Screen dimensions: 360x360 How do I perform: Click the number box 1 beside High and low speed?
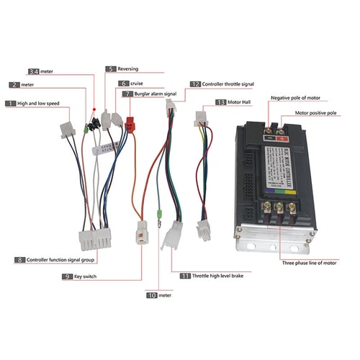[10, 104]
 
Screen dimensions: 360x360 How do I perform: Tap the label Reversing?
[128, 69]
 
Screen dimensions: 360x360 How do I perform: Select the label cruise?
[138, 83]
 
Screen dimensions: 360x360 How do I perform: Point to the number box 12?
[194, 84]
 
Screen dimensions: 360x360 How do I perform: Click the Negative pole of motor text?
[294, 97]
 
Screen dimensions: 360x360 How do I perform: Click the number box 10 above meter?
[151, 294]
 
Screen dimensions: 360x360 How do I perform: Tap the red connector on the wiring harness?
[130, 125]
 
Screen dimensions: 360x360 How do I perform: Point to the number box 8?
[19, 259]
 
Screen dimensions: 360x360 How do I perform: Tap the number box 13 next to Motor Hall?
[220, 102]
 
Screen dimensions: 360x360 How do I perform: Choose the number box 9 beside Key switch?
[66, 276]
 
